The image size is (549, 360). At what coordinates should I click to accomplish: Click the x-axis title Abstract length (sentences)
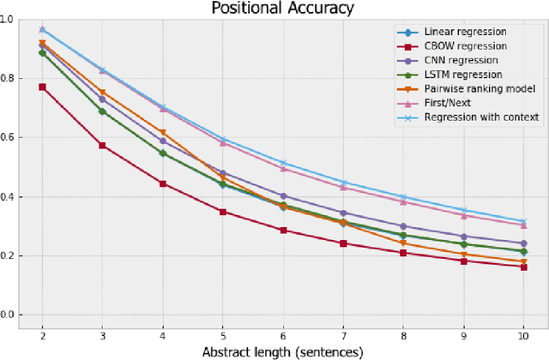pyautogui.click(x=282, y=351)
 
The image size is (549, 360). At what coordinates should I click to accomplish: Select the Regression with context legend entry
pyautogui.click(x=477, y=117)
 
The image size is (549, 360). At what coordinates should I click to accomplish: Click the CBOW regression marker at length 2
pyautogui.click(x=42, y=87)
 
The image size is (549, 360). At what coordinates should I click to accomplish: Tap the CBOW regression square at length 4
pyautogui.click(x=162, y=183)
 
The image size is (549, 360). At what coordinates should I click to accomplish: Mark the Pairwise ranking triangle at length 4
pyautogui.click(x=162, y=133)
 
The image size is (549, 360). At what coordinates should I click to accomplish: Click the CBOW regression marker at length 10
pyautogui.click(x=523, y=267)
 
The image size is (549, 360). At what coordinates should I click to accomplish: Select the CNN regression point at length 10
pyautogui.click(x=523, y=243)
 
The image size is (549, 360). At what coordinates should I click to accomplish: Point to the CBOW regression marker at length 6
pyautogui.click(x=283, y=231)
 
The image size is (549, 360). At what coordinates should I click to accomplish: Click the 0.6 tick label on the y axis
pyautogui.click(x=9, y=137)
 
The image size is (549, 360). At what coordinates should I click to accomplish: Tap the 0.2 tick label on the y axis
pyautogui.click(x=9, y=256)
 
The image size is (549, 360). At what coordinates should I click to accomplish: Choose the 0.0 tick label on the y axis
pyautogui.click(x=9, y=315)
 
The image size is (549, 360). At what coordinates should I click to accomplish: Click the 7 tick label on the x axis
pyautogui.click(x=343, y=334)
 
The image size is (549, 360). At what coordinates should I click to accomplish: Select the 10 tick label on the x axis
pyautogui.click(x=523, y=334)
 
